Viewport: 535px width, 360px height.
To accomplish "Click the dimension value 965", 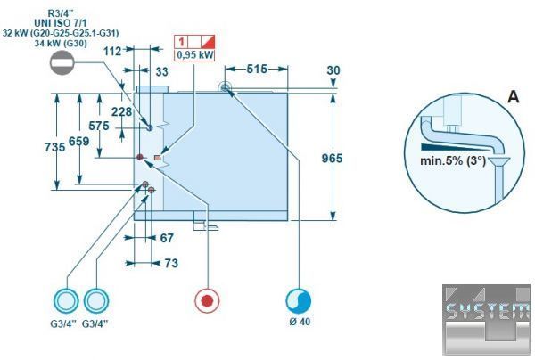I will point(332,158).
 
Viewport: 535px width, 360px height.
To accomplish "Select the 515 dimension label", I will point(257,69).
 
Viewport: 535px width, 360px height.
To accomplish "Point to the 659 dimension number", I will point(79,142).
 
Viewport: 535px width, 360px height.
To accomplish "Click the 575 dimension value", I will point(99,127).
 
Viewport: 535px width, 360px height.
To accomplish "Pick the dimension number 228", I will point(122,111).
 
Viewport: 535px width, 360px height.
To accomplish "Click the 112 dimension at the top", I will point(111,52).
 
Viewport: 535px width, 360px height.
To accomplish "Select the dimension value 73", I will point(170,263).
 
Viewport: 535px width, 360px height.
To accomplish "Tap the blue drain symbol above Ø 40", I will point(298,300).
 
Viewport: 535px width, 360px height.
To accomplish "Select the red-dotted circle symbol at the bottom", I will point(207,300).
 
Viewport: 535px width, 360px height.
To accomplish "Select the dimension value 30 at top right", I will point(333,70).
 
